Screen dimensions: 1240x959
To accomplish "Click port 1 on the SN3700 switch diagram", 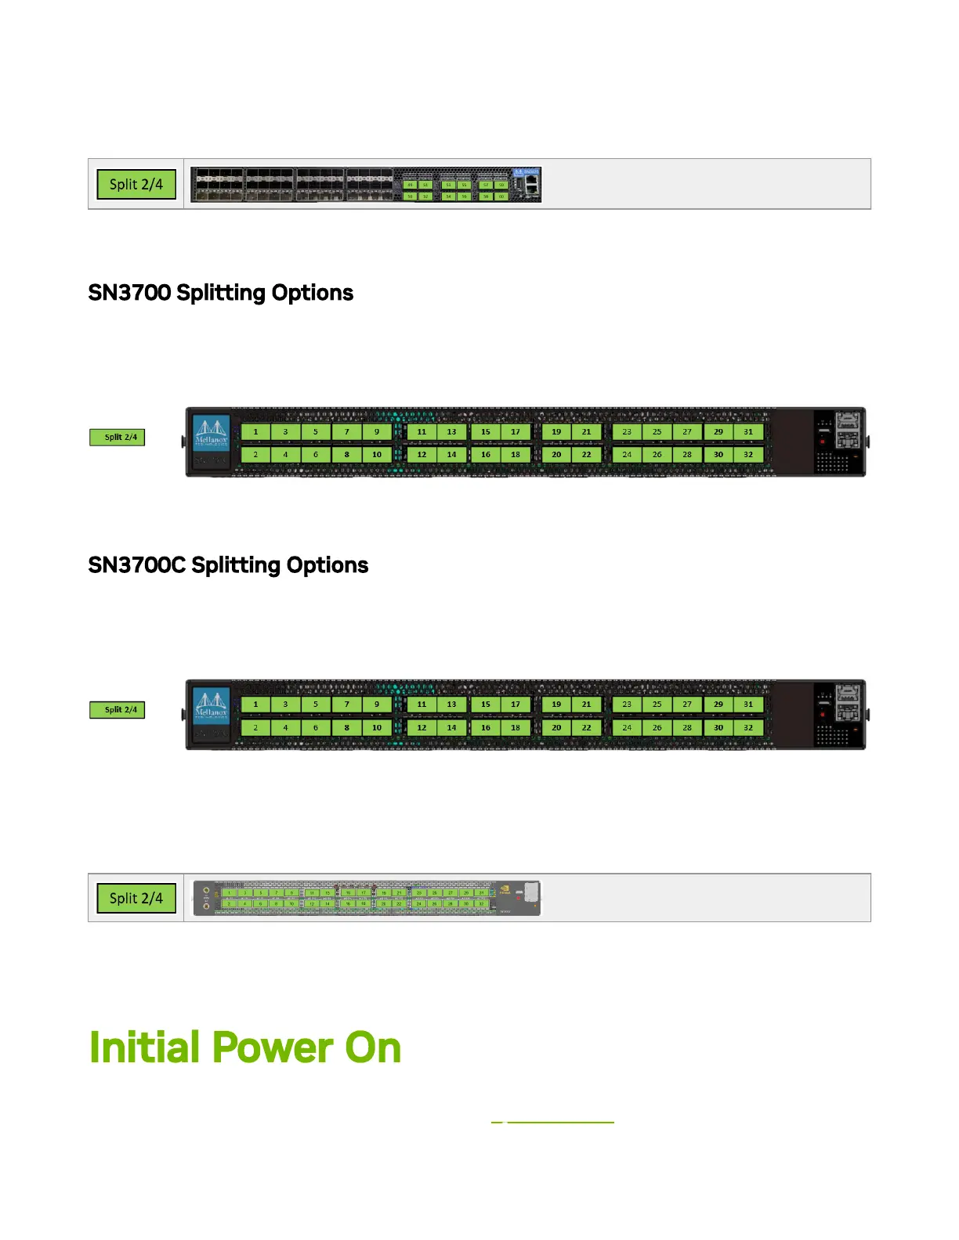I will click(x=255, y=431).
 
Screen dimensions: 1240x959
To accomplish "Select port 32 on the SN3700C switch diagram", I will click(x=748, y=727).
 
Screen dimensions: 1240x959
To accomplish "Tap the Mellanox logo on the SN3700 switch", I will click(x=211, y=433).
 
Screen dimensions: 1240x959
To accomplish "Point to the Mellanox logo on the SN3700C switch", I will click(x=211, y=705).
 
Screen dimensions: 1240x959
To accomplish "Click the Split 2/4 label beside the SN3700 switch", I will click(x=118, y=437).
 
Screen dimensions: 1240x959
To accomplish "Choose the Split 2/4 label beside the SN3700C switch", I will click(x=118, y=709).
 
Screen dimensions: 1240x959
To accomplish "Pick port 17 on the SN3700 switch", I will click(x=516, y=431).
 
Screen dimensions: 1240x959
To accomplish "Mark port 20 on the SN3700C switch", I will click(x=556, y=727).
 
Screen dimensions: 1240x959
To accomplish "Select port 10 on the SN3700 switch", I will click(x=377, y=454).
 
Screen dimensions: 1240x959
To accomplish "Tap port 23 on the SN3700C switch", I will click(x=627, y=704).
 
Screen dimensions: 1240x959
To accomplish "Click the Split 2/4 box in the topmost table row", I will click(x=136, y=185).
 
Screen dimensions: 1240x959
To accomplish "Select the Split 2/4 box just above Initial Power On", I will click(x=136, y=898).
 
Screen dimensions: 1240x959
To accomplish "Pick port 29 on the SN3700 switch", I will click(x=718, y=431).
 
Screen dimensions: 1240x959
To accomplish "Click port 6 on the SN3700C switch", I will click(x=316, y=727).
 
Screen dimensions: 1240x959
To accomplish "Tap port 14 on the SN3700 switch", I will click(x=451, y=454).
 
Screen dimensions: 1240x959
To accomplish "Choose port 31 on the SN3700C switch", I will click(x=748, y=704).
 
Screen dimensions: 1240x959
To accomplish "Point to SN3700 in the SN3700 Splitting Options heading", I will click(x=129, y=293).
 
